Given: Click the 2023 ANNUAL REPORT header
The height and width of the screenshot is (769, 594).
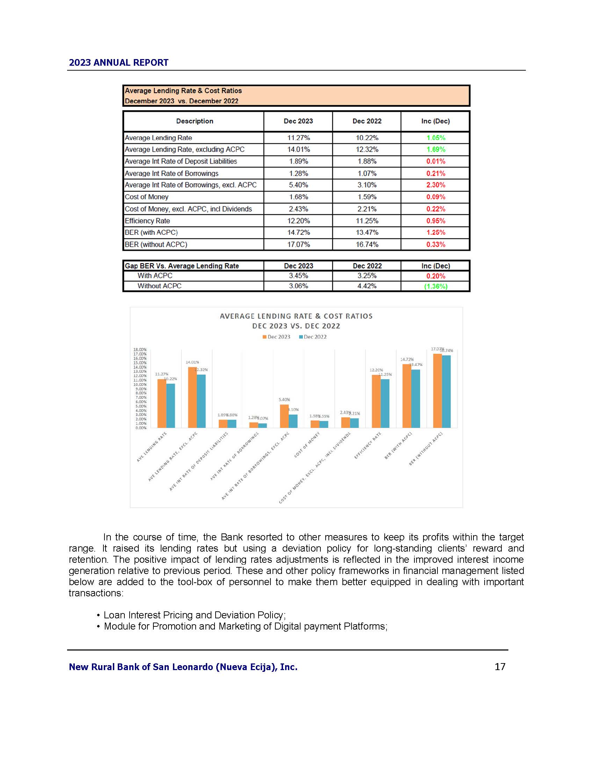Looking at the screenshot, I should tap(118, 63).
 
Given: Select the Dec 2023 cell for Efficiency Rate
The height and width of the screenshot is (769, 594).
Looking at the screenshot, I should tap(298, 221).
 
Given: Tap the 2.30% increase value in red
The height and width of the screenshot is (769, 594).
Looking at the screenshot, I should tap(436, 185).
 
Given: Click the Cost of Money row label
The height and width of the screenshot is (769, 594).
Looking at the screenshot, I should tap(147, 197).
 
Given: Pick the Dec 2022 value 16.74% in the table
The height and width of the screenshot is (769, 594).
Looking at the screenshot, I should tap(367, 244).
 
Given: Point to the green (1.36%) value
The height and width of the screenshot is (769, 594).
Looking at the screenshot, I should tap(436, 286).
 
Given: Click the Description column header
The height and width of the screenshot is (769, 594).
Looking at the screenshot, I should tap(195, 121).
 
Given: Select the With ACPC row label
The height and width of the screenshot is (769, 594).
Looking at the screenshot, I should tap(155, 276).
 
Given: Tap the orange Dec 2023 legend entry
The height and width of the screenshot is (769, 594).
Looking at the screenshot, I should tap(276, 337).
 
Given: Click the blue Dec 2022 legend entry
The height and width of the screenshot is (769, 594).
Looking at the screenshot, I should tap(312, 337).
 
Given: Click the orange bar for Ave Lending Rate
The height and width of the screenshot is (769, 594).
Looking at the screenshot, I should tap(161, 403).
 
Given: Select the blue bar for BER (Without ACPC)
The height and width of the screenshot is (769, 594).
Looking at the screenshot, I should tap(446, 391).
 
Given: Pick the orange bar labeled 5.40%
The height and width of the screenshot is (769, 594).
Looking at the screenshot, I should tap(284, 416).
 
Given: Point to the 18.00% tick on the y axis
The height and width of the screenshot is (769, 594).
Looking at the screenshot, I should tap(140, 350).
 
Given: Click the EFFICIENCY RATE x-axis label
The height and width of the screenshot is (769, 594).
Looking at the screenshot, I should tap(367, 446).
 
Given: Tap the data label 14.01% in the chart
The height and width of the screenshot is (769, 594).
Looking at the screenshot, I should tap(192, 362).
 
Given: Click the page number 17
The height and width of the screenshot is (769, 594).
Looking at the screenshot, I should tap(500, 667).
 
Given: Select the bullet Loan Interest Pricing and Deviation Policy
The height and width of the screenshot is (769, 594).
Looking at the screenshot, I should tap(194, 615).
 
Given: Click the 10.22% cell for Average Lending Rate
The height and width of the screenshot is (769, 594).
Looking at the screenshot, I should tap(367, 138).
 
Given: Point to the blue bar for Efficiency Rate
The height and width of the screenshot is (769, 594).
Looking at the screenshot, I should tap(385, 403).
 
